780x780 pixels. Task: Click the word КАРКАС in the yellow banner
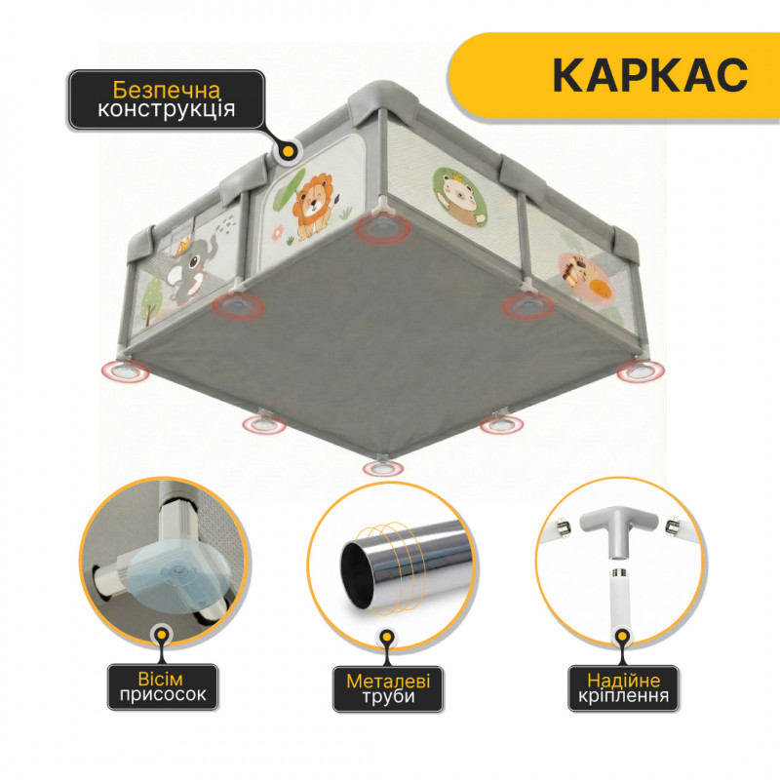point(649,75)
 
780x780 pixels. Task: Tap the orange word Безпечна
point(166,90)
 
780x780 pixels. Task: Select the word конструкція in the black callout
point(166,109)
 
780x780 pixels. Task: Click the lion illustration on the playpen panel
point(312,206)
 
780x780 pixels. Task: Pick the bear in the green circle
point(459,197)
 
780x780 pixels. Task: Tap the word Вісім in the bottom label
point(160,679)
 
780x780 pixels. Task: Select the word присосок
point(163,694)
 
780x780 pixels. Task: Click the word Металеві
point(388,681)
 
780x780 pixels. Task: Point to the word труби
point(388,696)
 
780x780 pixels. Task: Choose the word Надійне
point(623,680)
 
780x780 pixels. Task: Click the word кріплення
point(623,695)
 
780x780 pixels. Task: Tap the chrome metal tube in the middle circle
point(406,564)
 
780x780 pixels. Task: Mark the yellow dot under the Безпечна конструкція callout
point(288,152)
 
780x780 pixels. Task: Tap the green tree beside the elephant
point(152,297)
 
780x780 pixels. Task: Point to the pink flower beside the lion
point(278,231)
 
